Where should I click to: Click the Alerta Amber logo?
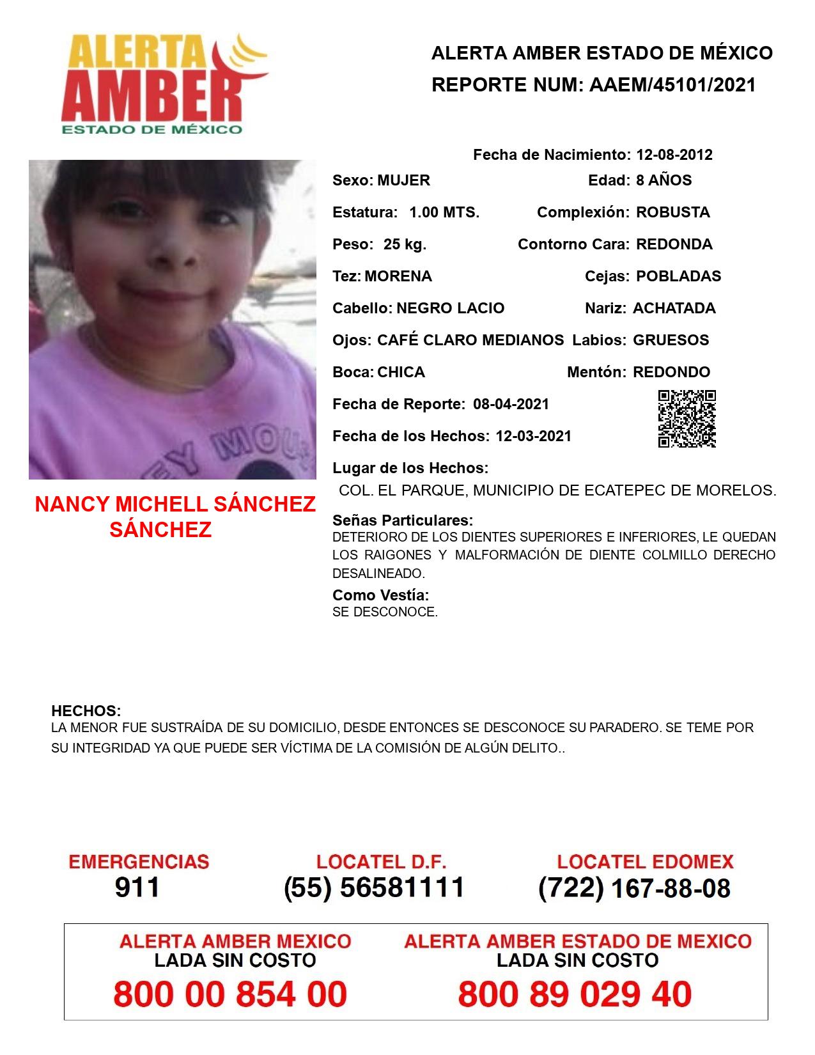[x=163, y=83]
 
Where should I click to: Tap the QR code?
[x=687, y=419]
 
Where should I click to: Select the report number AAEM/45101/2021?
[x=672, y=85]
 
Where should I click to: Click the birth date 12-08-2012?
[x=674, y=155]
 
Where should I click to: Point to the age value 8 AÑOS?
[x=664, y=180]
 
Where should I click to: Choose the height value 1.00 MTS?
[x=444, y=212]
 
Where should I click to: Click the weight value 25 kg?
[x=405, y=244]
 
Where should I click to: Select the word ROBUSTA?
[x=672, y=212]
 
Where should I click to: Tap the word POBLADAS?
[x=678, y=276]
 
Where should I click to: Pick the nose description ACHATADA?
[x=674, y=308]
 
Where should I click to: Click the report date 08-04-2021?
[x=511, y=404]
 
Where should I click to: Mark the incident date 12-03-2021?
[x=533, y=436]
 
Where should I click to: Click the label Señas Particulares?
[x=403, y=520]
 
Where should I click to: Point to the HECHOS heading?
[x=86, y=711]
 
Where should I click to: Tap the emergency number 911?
[x=137, y=887]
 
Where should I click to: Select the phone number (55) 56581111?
[x=375, y=887]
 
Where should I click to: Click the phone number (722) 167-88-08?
[x=634, y=888]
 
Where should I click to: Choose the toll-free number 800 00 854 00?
[x=230, y=994]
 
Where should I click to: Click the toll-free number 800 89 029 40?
[x=575, y=994]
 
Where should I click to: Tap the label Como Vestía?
[x=380, y=595]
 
